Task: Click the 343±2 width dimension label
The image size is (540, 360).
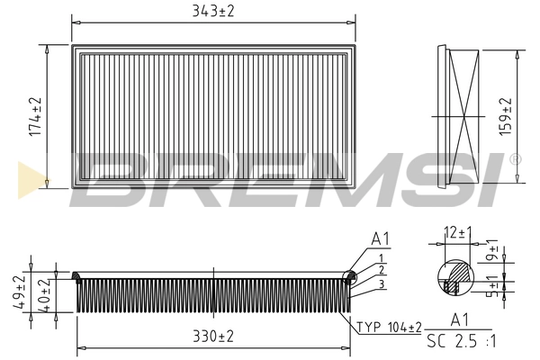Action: point(213,12)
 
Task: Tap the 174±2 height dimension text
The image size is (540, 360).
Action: point(35,116)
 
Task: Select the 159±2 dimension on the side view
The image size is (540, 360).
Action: point(505,116)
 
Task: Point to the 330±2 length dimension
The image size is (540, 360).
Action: point(213,336)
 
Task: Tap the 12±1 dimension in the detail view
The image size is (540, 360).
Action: point(458,233)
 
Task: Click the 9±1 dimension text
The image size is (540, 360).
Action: point(493,250)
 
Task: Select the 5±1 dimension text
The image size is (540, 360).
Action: point(493,286)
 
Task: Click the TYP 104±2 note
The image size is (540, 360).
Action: point(389,327)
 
